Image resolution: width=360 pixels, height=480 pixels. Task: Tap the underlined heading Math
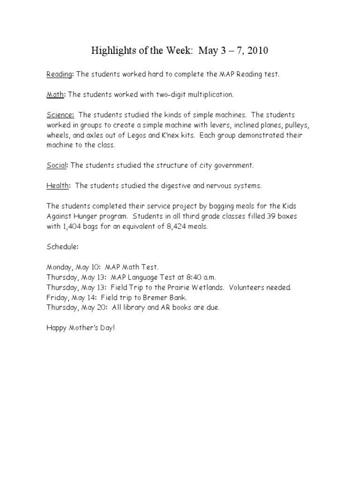pos(55,95)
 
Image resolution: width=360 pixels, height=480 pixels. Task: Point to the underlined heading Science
pos(60,115)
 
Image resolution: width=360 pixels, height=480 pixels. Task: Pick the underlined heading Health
pos(58,186)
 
